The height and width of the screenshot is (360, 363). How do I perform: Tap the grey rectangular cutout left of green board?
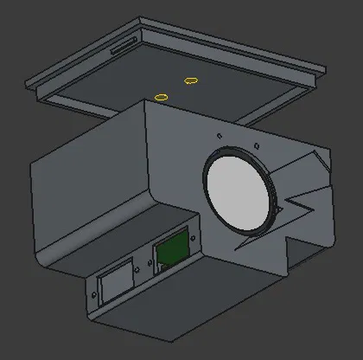[x=115, y=282]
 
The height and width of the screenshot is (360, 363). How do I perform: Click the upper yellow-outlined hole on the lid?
[x=191, y=80]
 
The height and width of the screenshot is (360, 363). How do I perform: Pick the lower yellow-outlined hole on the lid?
[x=160, y=97]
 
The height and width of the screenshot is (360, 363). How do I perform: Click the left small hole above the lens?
[x=220, y=136]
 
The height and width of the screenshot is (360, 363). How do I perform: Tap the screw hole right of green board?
[x=194, y=239]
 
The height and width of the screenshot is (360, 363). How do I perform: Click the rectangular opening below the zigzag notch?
[x=307, y=244]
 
